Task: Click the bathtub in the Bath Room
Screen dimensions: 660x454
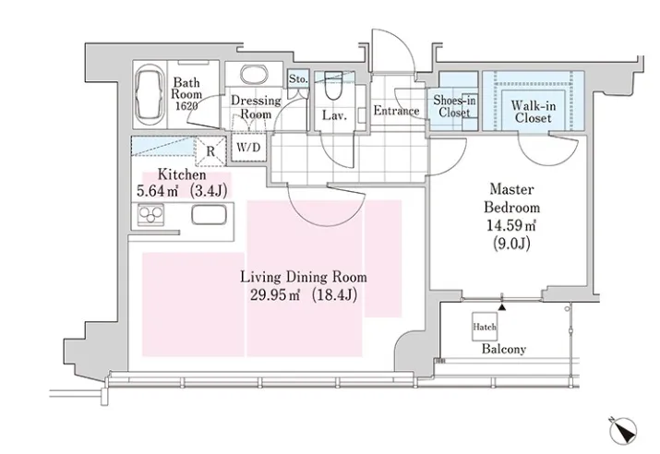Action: (x=150, y=95)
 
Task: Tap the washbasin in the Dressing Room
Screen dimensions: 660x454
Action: (x=254, y=74)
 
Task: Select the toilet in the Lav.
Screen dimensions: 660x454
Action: (x=334, y=87)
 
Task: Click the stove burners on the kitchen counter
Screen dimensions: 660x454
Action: (x=150, y=215)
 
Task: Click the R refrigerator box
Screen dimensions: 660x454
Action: (x=210, y=150)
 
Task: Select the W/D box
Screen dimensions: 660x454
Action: (x=248, y=147)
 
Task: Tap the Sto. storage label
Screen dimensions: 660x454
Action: (x=298, y=78)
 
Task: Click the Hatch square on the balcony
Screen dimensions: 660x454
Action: (x=485, y=327)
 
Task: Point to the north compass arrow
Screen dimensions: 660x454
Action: (x=624, y=431)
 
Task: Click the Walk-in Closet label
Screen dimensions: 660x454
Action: (x=533, y=112)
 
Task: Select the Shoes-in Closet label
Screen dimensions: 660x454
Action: (x=454, y=106)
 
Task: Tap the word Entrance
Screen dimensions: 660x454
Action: (x=397, y=111)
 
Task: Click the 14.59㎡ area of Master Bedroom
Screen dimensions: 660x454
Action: (x=511, y=225)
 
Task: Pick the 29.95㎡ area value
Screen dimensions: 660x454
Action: (x=275, y=295)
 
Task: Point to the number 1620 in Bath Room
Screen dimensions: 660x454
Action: (x=186, y=106)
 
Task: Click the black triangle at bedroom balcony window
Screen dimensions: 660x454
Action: (x=502, y=307)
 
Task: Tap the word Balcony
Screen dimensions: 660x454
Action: (x=504, y=349)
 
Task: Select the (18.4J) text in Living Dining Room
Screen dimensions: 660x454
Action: (x=335, y=295)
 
